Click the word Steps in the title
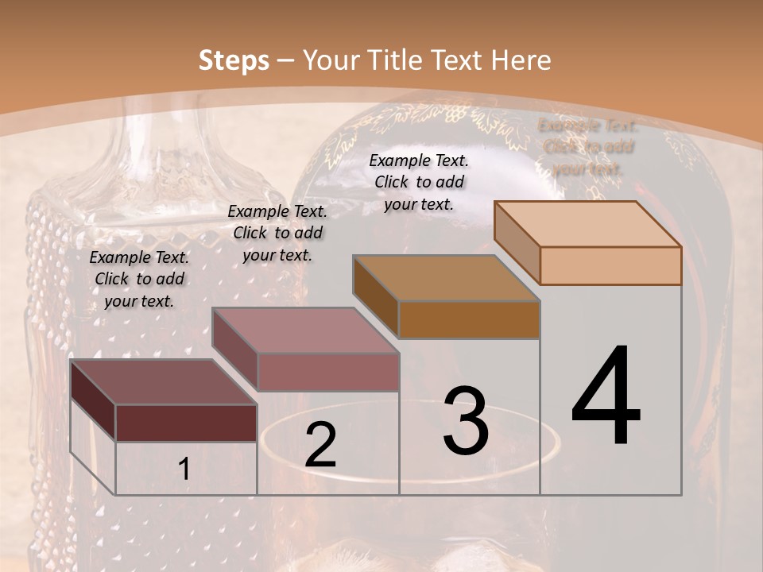point(234,60)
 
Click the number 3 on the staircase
point(466,421)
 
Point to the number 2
point(320,445)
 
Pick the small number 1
point(184,470)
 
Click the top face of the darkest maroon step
point(163,382)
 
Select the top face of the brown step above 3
point(446,278)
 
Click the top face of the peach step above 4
point(587,224)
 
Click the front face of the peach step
point(610,265)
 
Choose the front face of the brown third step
point(469,319)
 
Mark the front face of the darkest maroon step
point(186,423)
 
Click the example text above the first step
point(139,280)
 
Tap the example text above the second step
point(277,233)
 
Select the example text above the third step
point(419,182)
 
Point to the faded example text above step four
point(587,147)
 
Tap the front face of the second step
point(327,372)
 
